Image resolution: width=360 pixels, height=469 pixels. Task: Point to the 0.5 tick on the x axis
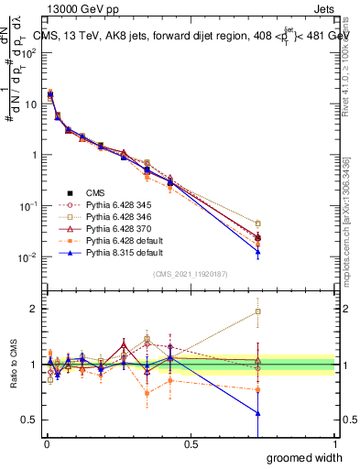click(191, 443)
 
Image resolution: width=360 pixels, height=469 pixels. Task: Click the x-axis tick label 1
click(334, 443)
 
